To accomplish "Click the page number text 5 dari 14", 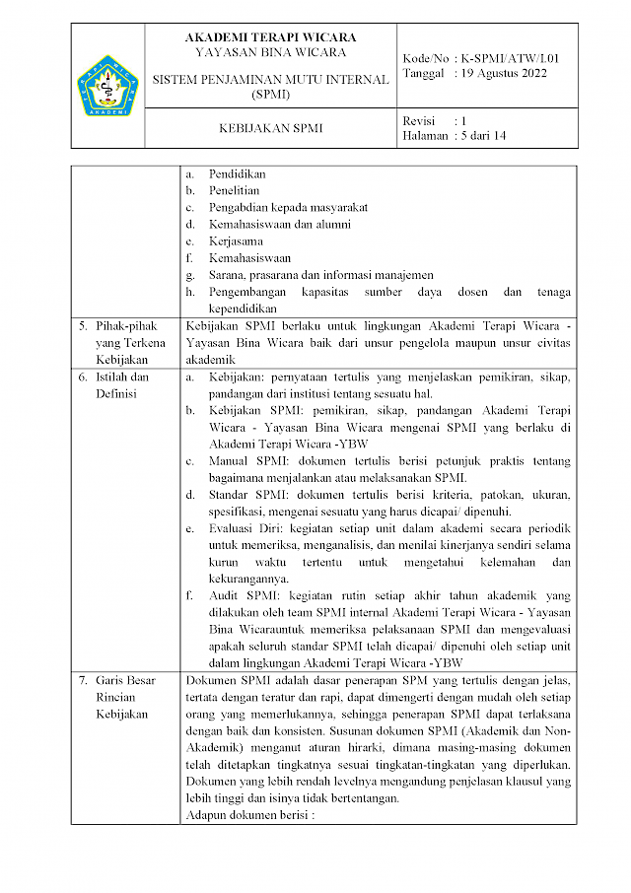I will (483, 136).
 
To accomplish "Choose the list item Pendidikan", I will (238, 173).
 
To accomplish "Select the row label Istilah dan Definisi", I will (122, 385).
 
